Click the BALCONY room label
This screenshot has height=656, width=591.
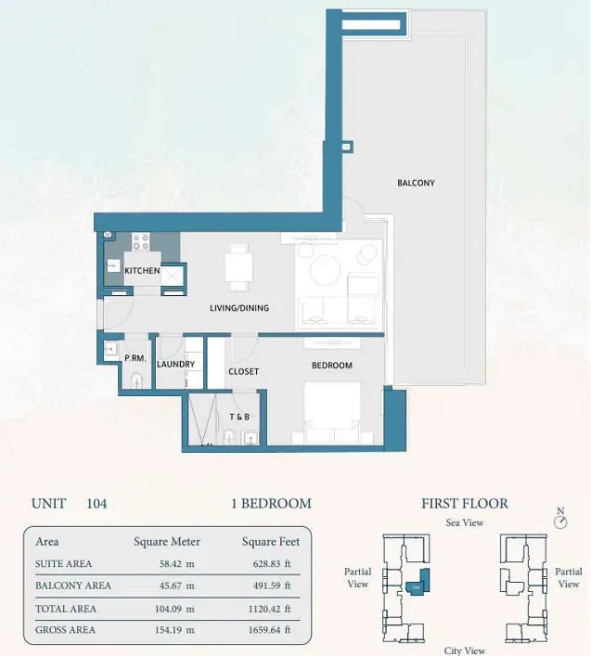(416, 183)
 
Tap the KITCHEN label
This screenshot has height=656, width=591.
(142, 271)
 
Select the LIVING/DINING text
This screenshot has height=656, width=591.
(239, 308)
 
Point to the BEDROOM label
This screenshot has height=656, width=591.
(331, 366)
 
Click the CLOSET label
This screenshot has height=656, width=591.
(243, 371)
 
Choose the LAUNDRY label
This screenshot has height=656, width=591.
(175, 365)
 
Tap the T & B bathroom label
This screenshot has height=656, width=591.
(239, 418)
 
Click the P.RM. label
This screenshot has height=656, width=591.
(135, 358)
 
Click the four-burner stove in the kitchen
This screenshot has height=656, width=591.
(140, 242)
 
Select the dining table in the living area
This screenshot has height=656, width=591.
(238, 267)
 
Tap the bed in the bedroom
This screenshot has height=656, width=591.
(332, 413)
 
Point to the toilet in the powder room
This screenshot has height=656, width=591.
(136, 380)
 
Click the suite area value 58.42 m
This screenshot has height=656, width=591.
(176, 564)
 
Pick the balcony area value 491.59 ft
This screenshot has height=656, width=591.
(272, 585)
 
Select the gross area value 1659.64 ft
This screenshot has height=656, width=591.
(269, 630)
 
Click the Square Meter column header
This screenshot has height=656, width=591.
(167, 542)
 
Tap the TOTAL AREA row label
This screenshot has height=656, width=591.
(66, 609)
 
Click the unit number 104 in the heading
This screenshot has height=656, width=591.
(96, 503)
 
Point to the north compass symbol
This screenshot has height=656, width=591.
(560, 521)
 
